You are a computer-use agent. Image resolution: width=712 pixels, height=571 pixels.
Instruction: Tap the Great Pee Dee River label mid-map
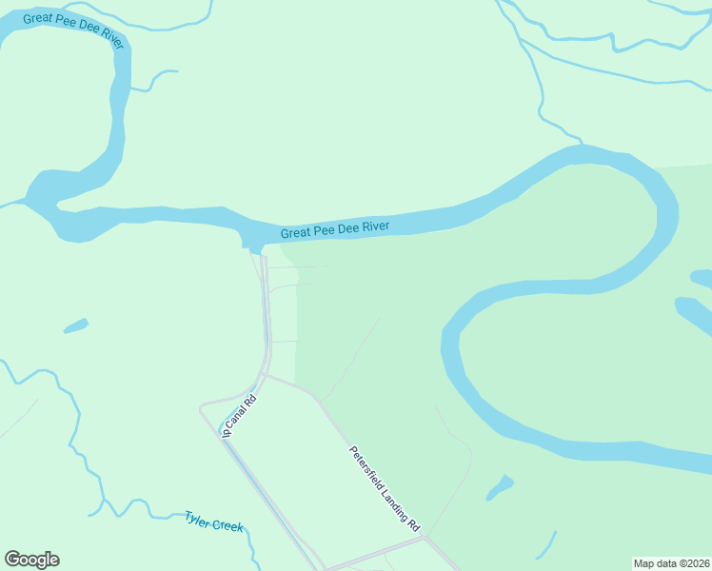(347, 228)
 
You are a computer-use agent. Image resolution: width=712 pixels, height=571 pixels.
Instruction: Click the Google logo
(31, 560)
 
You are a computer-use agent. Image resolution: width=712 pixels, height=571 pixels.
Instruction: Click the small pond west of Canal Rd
(76, 326)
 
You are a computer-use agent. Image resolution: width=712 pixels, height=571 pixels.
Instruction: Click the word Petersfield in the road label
(366, 465)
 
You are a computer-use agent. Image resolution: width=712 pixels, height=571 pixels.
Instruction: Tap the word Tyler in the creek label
(197, 519)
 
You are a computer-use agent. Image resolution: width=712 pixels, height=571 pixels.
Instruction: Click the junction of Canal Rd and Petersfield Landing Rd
(266, 376)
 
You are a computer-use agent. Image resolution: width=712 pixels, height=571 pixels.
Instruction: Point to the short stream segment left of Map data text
(545, 545)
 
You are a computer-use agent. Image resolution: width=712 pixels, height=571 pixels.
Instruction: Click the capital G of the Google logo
(12, 560)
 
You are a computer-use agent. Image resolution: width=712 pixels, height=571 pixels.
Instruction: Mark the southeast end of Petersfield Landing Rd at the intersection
(425, 537)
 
